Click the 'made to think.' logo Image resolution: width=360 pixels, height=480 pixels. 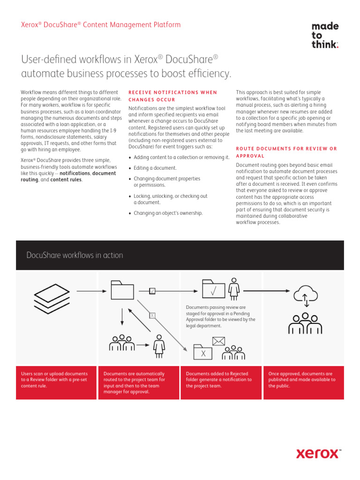coord(325,35)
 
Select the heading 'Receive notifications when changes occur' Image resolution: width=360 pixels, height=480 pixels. coord(173,96)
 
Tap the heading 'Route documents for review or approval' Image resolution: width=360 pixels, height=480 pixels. coord(286,152)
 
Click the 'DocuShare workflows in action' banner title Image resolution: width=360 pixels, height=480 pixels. coord(75,255)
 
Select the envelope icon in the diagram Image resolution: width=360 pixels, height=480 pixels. coord(218,341)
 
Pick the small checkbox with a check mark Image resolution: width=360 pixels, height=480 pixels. coord(152,291)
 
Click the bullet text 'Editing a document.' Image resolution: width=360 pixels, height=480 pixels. coord(155,168)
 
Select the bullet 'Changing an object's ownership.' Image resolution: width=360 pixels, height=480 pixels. coord(168,213)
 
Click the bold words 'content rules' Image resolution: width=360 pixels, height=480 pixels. coord(66,180)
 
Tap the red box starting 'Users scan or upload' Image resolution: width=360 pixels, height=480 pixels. coord(56,382)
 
